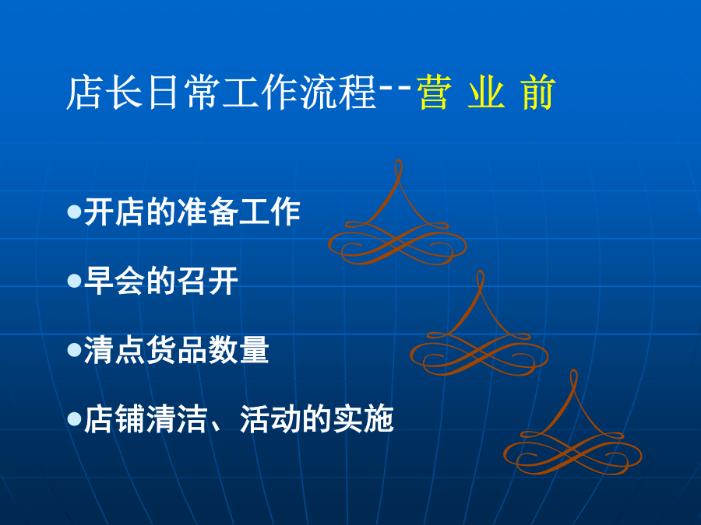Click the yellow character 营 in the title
point(434,93)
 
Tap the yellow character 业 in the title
point(486,93)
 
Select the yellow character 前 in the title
point(538,93)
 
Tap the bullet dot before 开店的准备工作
point(74,211)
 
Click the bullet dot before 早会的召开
point(74,281)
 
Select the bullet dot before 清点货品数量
point(74,350)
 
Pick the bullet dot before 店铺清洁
point(74,418)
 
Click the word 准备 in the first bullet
point(207,211)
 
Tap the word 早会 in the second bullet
point(114,281)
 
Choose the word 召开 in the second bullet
point(207,281)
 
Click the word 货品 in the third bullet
point(176,350)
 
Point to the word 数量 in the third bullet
point(238,350)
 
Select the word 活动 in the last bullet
point(269,418)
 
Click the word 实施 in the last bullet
point(362,418)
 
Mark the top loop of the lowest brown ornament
point(573,379)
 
